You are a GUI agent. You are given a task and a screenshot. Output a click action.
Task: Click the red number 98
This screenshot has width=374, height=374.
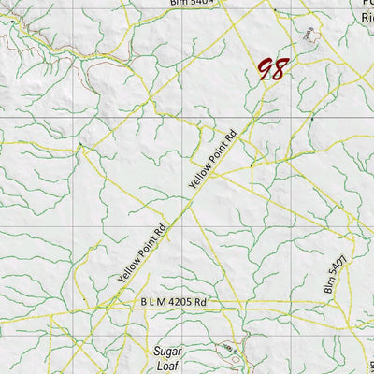coord(273,68)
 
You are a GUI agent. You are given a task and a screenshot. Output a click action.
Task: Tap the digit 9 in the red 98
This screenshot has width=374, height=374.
coord(266,69)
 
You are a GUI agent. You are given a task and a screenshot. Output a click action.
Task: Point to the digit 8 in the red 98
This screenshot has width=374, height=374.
coord(280,67)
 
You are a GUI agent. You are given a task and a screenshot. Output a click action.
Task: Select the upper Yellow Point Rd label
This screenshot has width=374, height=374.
coord(214,154)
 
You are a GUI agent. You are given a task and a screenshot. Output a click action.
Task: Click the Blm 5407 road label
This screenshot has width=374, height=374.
coord(338,272)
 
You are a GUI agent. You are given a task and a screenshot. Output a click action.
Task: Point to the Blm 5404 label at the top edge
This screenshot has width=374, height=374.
coord(193,3)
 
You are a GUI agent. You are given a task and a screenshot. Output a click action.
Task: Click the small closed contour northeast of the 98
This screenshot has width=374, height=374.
coord(309,35)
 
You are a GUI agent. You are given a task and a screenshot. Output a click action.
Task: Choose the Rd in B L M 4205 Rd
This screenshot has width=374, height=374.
coord(199,303)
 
